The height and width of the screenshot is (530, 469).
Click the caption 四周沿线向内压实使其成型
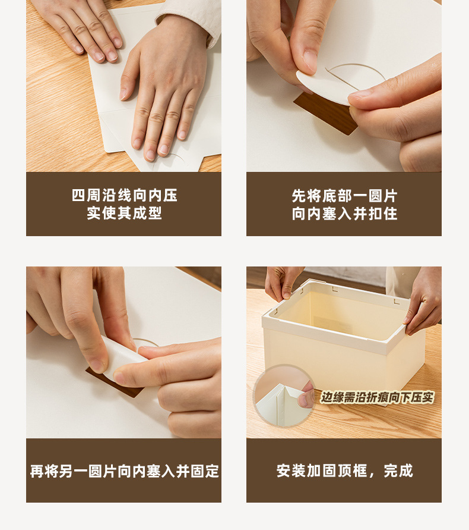(x=124, y=204)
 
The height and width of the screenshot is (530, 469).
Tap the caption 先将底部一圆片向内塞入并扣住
(x=344, y=205)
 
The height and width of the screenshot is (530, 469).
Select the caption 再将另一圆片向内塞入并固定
(x=124, y=471)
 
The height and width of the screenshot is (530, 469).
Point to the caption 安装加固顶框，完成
(x=344, y=471)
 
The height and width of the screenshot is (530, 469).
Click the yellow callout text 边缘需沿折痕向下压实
(x=377, y=397)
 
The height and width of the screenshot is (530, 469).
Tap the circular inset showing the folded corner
(x=284, y=396)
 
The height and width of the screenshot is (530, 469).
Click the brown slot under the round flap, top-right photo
(x=325, y=113)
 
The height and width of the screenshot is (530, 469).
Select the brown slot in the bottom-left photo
(x=115, y=383)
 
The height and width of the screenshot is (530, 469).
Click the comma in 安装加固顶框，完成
(x=372, y=475)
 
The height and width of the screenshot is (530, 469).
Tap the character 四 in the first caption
(x=78, y=196)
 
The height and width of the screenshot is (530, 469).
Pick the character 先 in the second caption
(x=299, y=196)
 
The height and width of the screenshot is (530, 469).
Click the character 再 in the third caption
(x=37, y=471)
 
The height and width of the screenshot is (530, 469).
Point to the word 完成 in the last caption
(x=398, y=471)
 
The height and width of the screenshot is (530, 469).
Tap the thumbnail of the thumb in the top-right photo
(x=310, y=61)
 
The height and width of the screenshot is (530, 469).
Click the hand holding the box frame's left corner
(x=283, y=282)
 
